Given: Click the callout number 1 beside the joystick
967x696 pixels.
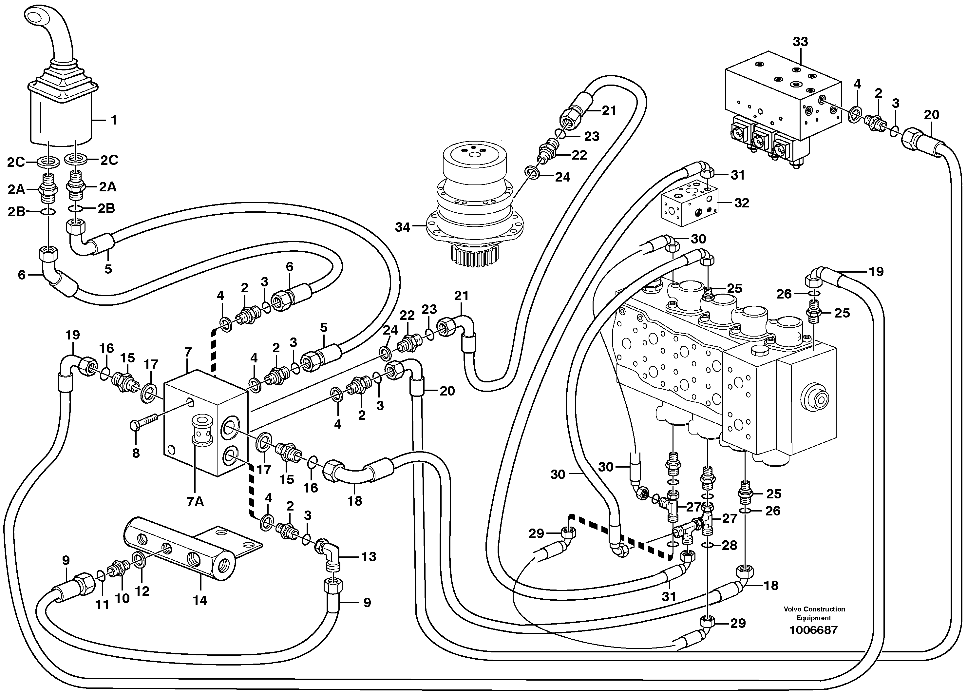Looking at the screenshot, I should click(113, 121).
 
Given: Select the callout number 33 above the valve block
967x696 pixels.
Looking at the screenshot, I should click(800, 42).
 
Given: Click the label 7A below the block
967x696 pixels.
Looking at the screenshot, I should click(195, 502).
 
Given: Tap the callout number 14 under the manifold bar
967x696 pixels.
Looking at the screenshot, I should click(199, 600).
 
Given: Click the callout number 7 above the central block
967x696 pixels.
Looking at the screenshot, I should click(188, 352).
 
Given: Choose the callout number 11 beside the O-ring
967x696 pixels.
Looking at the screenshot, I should click(102, 604).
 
